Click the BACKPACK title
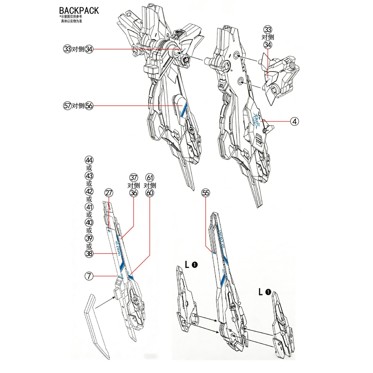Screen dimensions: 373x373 79,10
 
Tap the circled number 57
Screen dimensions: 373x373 67,106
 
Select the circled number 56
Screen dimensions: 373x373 89,106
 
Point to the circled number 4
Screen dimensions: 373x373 295,121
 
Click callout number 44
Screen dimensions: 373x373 89,160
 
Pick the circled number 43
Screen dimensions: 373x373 89,176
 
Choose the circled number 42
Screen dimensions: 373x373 89,191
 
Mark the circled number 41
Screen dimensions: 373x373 89,207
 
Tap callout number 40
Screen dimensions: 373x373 89,223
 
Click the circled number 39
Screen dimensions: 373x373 89,238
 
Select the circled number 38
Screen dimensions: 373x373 89,254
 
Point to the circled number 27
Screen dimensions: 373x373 109,193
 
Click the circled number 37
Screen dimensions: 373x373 134,177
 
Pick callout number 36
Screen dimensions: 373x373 134,193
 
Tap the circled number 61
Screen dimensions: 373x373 150,177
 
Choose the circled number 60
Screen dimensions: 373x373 150,193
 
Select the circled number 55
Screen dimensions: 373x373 206,193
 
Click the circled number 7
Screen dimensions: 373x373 89,276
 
